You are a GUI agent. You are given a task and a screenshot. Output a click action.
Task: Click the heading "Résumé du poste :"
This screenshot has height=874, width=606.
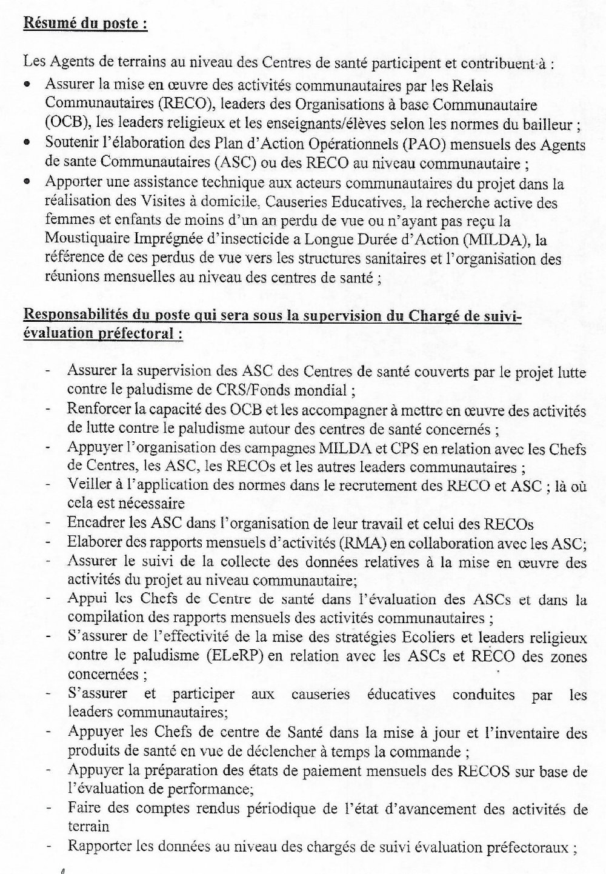[85, 25]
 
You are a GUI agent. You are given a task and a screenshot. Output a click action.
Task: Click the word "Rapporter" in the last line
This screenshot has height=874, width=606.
[98, 847]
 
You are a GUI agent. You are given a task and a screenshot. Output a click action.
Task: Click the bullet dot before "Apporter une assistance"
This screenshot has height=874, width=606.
[27, 182]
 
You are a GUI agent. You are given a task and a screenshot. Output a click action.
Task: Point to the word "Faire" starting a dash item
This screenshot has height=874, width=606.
[84, 809]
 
